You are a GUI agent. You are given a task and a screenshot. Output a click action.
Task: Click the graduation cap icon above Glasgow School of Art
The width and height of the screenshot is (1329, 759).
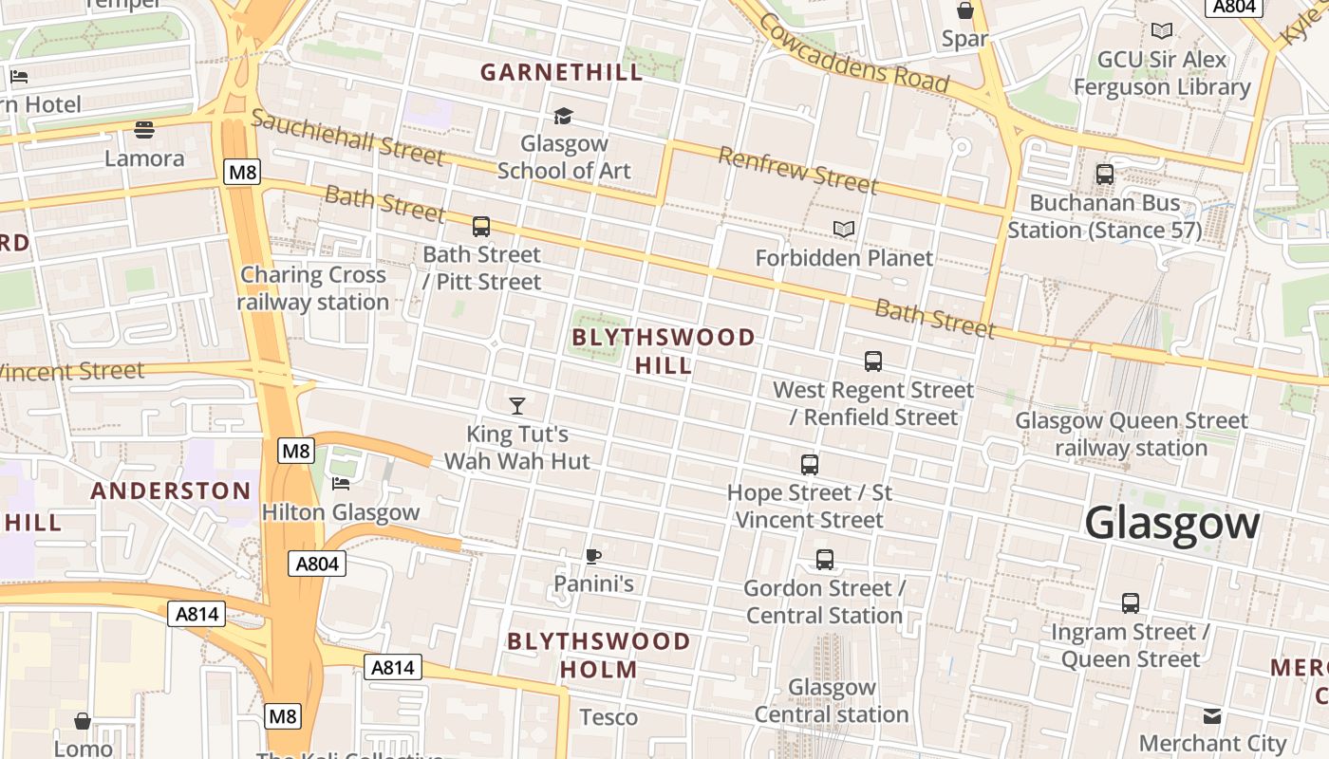click(564, 116)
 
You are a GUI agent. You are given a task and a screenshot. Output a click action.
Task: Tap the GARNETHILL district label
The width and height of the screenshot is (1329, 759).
click(561, 72)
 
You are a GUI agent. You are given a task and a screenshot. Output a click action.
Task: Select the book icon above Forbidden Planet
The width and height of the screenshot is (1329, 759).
click(843, 229)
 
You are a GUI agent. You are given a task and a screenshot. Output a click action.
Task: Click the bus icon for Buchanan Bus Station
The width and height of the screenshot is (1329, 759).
click(1104, 175)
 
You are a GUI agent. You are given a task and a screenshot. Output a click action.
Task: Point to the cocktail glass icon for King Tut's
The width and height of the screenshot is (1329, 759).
click(517, 406)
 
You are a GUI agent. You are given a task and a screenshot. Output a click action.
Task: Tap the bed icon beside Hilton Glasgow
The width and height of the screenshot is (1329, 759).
click(341, 484)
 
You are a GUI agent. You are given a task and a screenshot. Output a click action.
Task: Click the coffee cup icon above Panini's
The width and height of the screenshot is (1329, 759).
click(593, 556)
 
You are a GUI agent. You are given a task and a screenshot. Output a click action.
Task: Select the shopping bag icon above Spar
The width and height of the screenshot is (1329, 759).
click(965, 11)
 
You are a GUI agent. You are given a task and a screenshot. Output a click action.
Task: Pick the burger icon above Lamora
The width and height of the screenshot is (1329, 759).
click(144, 129)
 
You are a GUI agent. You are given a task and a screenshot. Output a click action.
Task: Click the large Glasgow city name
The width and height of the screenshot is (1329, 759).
click(1171, 524)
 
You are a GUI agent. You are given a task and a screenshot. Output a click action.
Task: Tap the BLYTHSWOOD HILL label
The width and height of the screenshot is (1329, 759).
click(664, 351)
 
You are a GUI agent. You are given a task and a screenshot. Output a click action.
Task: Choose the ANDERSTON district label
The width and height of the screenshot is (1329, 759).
click(171, 491)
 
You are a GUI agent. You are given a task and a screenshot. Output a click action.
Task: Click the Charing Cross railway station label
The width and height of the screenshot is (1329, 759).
click(313, 288)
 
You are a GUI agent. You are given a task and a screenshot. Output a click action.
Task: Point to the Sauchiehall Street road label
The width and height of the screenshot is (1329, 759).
click(347, 137)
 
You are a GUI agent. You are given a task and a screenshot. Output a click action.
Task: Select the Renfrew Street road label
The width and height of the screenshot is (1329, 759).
click(797, 170)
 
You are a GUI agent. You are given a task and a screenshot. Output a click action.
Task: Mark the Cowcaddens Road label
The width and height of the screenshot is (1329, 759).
click(853, 57)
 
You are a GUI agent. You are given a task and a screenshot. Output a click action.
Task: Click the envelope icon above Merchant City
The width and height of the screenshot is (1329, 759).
click(1212, 715)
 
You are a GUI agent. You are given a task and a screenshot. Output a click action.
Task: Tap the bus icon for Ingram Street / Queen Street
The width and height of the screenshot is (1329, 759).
click(1130, 603)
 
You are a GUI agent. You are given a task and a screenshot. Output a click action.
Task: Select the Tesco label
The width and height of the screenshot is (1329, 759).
click(608, 717)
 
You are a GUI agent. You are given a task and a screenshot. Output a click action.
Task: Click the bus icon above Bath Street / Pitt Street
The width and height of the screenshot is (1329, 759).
click(481, 227)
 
